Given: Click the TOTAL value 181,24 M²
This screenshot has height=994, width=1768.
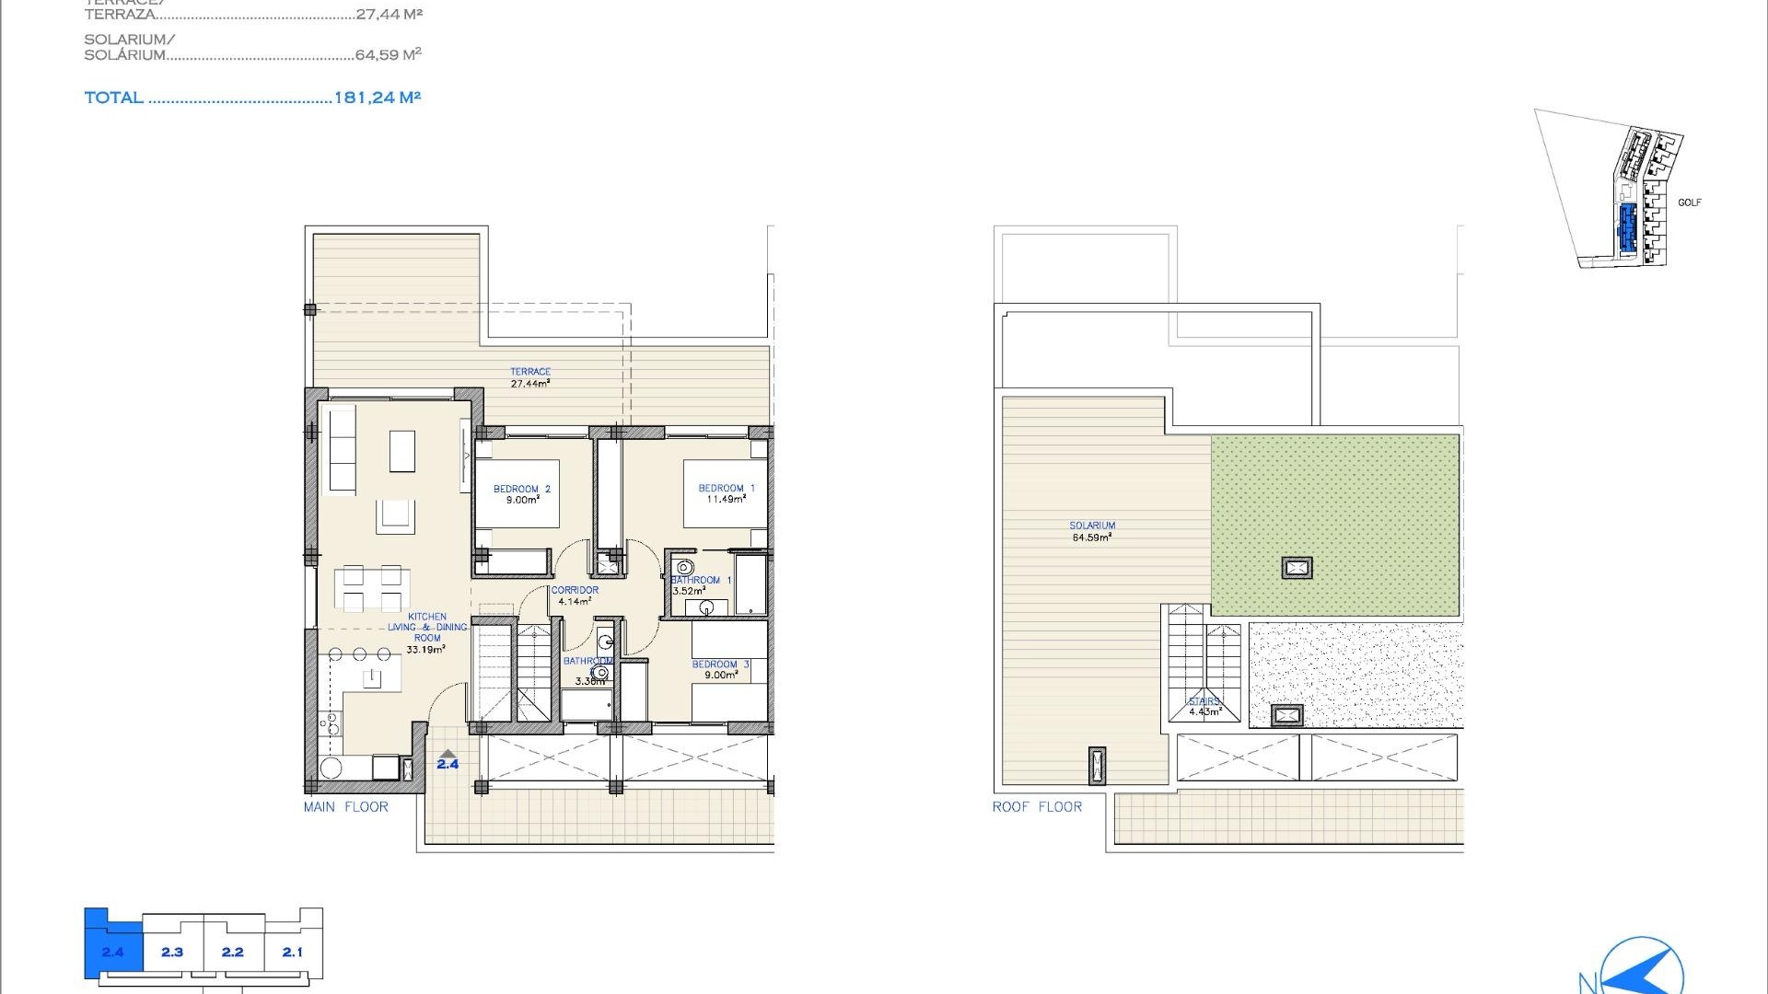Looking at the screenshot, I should coord(377,98).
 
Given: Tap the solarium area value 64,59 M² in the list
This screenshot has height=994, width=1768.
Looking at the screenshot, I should coord(388,55).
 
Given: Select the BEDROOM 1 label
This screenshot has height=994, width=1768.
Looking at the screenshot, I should coord(726,493).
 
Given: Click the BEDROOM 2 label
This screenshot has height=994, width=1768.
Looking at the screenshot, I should coord(521,494).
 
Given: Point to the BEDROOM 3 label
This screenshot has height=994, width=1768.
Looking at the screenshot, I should coord(720,669).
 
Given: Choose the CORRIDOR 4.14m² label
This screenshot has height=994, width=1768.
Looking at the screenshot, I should coord(575,595).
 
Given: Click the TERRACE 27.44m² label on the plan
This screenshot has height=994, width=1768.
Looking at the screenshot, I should coord(530,377).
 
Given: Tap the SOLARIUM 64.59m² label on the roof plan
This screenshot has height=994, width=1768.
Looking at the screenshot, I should coord(1092,531).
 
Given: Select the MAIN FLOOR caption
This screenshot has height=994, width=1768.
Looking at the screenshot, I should coord(345,807).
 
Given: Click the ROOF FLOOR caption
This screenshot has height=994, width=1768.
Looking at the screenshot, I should coord(1037,807).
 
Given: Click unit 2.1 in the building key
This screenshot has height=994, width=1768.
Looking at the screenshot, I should coord(293,952).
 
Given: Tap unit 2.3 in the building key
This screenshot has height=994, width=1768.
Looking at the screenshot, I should coord(172,952).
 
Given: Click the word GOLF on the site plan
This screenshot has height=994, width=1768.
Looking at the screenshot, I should coord(1689,202).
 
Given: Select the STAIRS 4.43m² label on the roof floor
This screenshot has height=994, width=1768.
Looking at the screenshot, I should coord(1204,706).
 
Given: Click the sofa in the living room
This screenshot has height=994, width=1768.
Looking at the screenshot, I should coord(342,450).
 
